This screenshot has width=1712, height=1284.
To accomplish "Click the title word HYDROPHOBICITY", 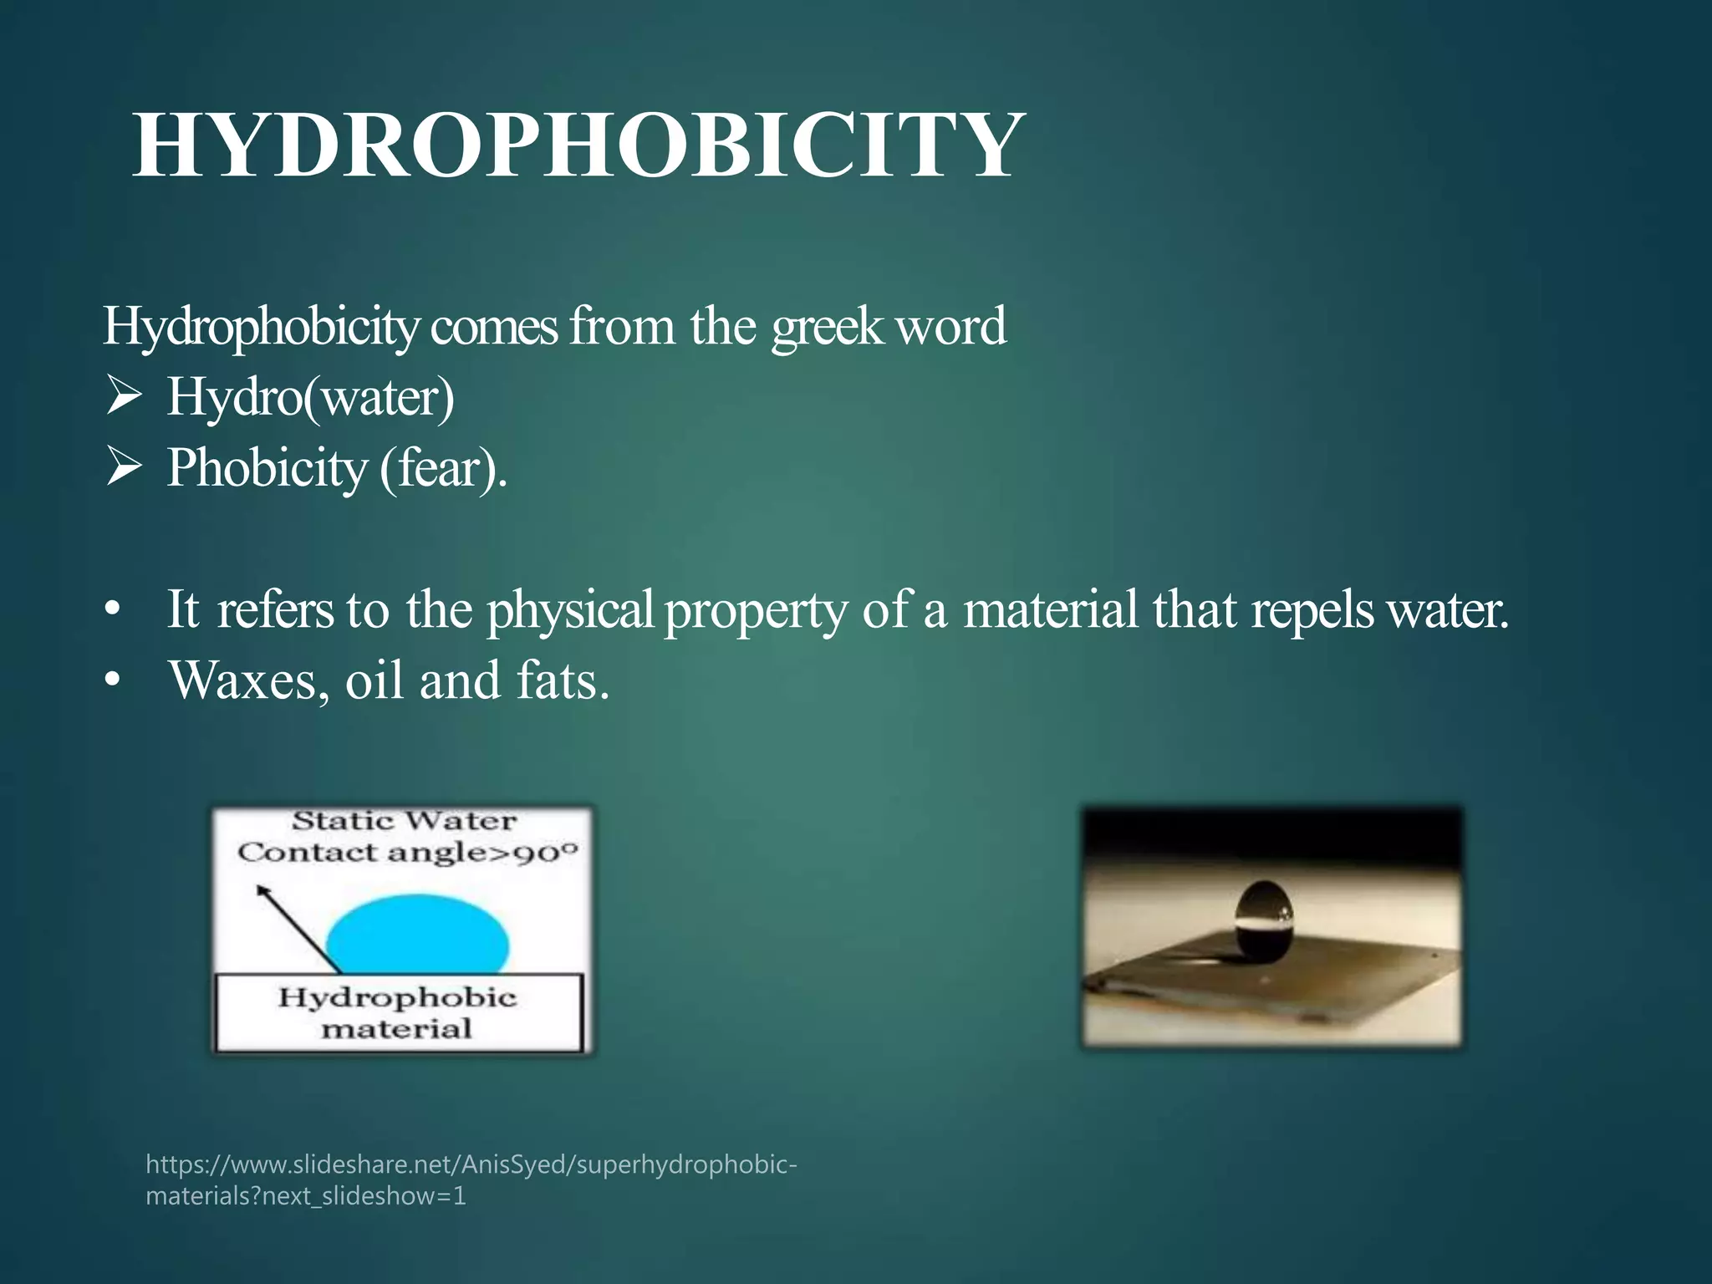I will coord(578,145).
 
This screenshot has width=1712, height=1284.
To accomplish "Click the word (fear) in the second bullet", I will coord(442,468).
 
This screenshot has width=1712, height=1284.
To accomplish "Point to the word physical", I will coord(569,609).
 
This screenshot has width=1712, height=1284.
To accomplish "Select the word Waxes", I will coord(243,680).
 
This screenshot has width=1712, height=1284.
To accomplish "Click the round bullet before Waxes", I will coord(113,682).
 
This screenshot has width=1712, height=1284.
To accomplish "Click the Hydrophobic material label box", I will coord(398,1012).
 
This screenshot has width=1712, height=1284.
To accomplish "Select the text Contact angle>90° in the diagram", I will coord(407,853).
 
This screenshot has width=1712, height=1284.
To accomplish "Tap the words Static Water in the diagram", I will coord(404,821).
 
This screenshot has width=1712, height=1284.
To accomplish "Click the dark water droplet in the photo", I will coord(1264,918).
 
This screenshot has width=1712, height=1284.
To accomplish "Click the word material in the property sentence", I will coord(1050,609).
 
